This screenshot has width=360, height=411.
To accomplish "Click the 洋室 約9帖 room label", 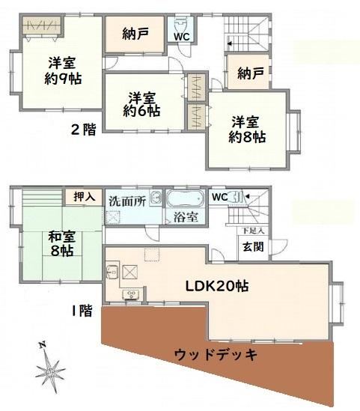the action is coord(63,70).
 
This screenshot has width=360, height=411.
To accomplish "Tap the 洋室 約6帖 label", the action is coord(142,105).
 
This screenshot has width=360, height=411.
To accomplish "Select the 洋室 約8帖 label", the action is coord(247,130).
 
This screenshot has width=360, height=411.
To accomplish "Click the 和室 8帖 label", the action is coord(62,244).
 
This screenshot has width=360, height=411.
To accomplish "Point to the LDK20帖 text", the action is coord(217,286).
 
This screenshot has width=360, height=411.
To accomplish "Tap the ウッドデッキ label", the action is coord(216,355).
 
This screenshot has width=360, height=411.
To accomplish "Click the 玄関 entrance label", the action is coord(253,246).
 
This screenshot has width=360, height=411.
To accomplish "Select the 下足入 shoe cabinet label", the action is coord(253,231).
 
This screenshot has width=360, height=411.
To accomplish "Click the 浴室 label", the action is coord(186,217).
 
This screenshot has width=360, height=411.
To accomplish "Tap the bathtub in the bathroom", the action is coord(186,198).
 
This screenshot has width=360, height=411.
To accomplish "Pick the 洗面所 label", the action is coord(127,201).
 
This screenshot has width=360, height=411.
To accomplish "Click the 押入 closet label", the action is coord(84,196).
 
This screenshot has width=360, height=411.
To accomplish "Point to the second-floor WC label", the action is coord(182,37).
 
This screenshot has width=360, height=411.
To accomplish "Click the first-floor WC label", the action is coord(219,197).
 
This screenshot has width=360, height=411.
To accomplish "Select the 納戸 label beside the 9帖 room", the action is coord(135,34).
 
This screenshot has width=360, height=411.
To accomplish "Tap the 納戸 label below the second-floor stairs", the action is coord(251,73).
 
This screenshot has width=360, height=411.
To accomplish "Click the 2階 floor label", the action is coord(84,130).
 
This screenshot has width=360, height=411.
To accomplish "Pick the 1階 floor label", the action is coord(82,311).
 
